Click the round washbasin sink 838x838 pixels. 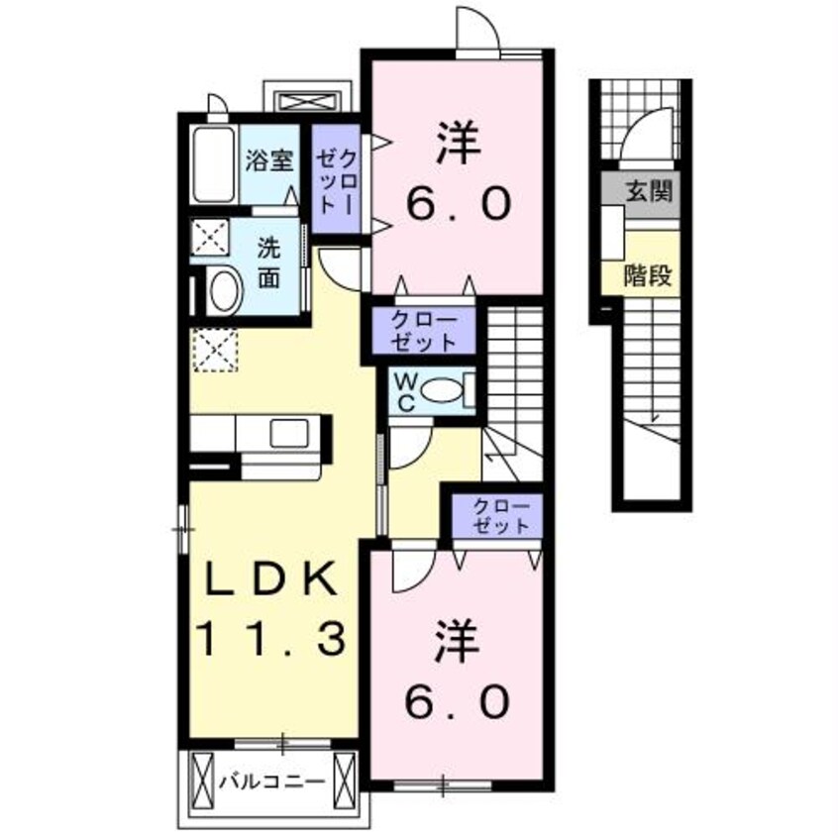tap(224, 292)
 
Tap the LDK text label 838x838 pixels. tap(273, 580)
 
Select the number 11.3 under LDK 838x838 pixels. tap(274, 640)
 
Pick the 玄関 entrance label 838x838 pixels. tap(649, 191)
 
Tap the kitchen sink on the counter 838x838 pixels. tap(291, 433)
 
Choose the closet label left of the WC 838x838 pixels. tap(423, 332)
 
